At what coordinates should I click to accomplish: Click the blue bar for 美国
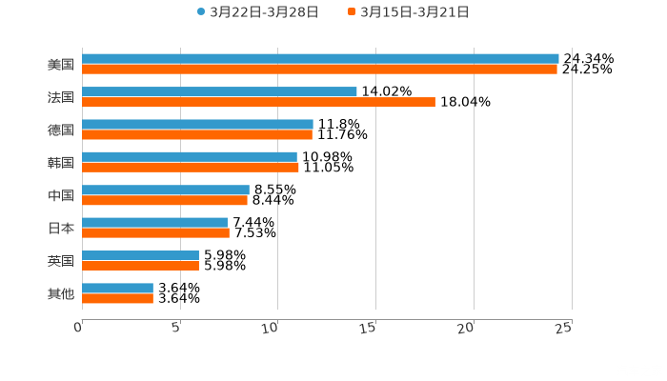coord(320,59)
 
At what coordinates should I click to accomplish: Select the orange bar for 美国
coord(319,70)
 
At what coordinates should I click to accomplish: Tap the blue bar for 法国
coord(219,91)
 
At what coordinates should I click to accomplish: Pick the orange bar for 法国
coord(258,102)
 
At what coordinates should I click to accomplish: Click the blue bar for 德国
coord(197,124)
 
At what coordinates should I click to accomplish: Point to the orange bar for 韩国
coord(191,168)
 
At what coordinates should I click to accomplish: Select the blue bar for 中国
coord(166,190)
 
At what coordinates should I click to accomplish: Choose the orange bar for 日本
coord(155,232)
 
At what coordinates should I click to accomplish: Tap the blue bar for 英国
coord(140,255)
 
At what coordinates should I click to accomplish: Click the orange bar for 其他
coord(117,298)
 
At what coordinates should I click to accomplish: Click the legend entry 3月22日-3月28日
coord(257,12)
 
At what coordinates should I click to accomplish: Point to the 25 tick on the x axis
coord(564,328)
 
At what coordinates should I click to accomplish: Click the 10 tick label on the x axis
coord(271,328)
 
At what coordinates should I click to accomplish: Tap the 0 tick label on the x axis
coord(79,328)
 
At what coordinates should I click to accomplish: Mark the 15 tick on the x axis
coord(369,328)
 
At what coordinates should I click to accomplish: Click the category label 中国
coord(61,195)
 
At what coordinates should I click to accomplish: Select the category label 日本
coord(61,228)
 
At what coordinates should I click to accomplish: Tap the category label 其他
coord(61,293)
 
